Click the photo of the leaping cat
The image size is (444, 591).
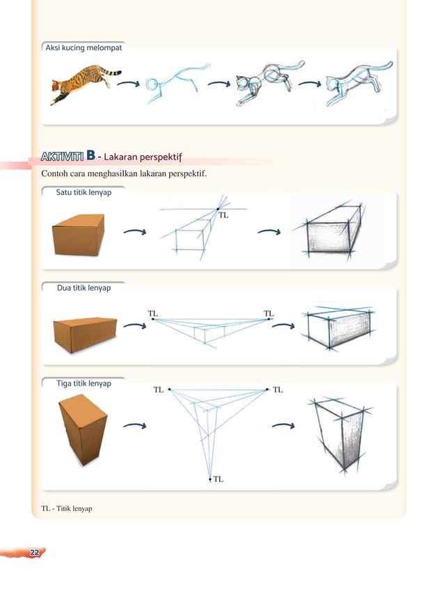[x=84, y=84]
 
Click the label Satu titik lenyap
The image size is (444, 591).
[x=84, y=192]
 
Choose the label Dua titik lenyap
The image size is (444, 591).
[x=83, y=287]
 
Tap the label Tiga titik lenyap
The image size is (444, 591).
[x=83, y=383]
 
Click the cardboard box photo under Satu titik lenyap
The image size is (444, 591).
[x=79, y=235]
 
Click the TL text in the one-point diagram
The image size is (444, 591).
[x=223, y=215]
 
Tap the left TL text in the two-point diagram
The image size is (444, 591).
[x=153, y=314]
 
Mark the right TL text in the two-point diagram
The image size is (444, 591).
[x=269, y=314]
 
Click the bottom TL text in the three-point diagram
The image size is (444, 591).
[x=219, y=479]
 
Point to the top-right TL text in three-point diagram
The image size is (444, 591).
[x=278, y=390]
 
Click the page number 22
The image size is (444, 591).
[x=33, y=552]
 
